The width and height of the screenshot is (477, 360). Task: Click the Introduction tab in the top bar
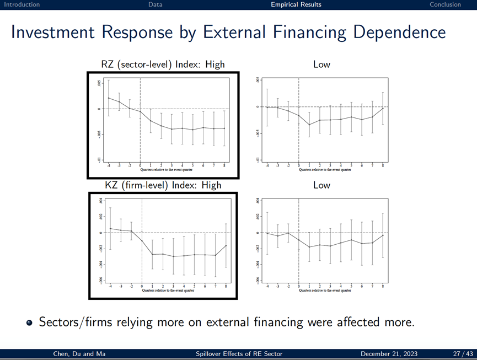coord(22,4)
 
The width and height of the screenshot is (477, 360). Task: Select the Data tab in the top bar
coord(156,4)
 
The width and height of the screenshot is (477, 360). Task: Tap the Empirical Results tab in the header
coord(296,4)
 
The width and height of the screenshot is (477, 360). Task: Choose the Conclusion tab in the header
coord(445,4)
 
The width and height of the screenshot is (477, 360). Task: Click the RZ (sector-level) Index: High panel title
coord(163,65)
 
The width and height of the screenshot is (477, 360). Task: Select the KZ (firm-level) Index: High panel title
coord(163,185)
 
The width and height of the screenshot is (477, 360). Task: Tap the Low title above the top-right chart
coord(321,65)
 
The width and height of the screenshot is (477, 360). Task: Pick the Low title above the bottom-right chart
coord(321,185)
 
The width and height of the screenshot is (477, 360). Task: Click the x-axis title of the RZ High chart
coord(166,170)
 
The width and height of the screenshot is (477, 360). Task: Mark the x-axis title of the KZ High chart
coord(168,290)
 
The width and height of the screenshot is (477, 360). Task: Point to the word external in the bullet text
coord(261,322)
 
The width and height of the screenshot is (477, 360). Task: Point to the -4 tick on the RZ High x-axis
coord(109,165)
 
